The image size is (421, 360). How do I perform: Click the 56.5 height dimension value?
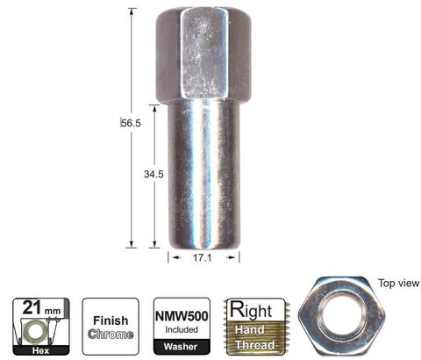(x=131, y=124)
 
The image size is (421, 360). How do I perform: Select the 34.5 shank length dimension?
(x=154, y=175)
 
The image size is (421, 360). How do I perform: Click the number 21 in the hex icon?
(x=30, y=309)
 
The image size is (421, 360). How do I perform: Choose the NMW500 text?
(x=182, y=313)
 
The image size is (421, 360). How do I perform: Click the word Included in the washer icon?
(x=182, y=329)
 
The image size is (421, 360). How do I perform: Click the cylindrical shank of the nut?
(x=202, y=176)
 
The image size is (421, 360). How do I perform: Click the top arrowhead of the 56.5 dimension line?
(x=132, y=11)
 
